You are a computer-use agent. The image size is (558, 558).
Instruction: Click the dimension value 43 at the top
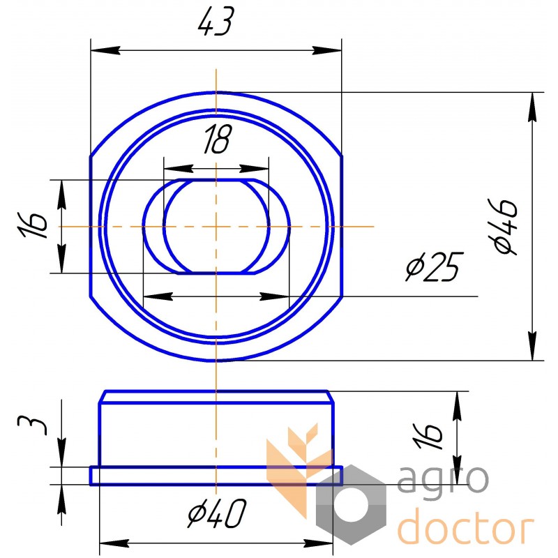point(216,22)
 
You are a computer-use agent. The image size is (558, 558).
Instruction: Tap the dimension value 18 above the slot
point(218,139)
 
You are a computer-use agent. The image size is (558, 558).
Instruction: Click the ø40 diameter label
point(217,513)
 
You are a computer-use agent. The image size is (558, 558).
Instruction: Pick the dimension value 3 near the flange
point(32,425)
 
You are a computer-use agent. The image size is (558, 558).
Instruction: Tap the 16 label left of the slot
point(32,225)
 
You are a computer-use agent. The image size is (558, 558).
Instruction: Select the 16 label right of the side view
point(428,437)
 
